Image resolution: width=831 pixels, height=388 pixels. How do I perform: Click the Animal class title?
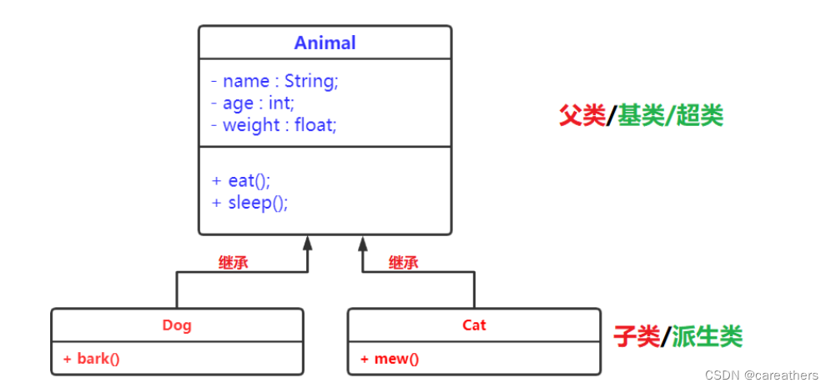point(325,43)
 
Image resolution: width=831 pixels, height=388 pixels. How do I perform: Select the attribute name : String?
point(274,81)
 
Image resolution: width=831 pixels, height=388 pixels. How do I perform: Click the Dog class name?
point(177,325)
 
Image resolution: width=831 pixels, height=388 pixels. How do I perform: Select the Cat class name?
point(474,325)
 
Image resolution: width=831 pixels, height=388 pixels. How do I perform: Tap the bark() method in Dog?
point(91,359)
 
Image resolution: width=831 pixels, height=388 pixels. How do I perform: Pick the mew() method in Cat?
point(390,359)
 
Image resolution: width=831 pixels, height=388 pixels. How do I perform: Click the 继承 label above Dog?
point(233,263)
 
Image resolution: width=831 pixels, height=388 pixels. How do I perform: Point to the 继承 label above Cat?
point(403,263)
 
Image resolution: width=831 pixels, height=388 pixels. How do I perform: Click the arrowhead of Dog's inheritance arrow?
point(308,244)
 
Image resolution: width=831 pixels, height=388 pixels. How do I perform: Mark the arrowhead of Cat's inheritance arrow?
point(362,244)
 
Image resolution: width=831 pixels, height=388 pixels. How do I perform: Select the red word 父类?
point(582,116)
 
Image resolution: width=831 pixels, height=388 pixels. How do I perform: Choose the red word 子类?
point(636,337)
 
